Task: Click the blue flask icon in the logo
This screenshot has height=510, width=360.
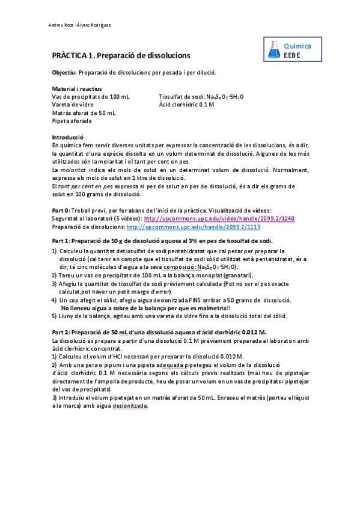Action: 273,50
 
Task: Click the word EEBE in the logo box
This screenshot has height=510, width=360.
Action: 292,55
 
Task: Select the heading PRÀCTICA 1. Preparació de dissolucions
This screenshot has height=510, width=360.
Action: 121,55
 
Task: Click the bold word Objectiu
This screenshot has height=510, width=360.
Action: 64,73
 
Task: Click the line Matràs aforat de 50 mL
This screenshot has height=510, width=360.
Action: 84,112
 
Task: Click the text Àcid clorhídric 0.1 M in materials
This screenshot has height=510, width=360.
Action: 186,105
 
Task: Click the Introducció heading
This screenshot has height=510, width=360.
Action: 68,137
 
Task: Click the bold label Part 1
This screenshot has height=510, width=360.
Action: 61,241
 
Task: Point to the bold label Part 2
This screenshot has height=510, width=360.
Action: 61,331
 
